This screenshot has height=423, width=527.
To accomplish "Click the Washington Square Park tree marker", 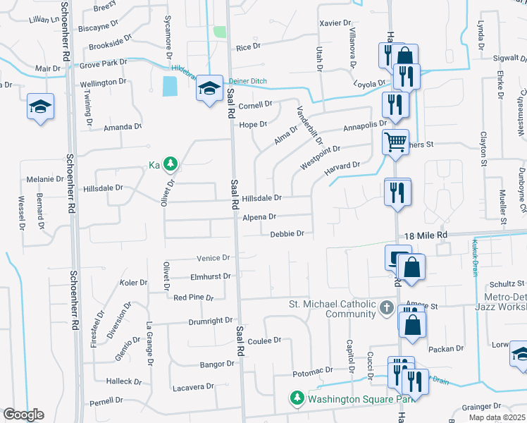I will click(297, 399).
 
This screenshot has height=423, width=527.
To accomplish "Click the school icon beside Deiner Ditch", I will click(209, 88).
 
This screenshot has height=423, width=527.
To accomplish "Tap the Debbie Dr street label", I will click(287, 233).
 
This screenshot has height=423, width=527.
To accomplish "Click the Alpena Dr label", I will click(259, 218).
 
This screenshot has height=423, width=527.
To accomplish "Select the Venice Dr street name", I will click(214, 259).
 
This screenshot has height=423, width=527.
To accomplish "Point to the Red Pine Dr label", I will click(193, 298).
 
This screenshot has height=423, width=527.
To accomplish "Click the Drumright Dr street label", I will click(210, 321).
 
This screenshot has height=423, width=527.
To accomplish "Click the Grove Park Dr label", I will click(104, 63).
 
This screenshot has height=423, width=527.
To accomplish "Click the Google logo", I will click(23, 415).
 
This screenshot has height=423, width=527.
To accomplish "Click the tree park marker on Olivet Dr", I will click(170, 164).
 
